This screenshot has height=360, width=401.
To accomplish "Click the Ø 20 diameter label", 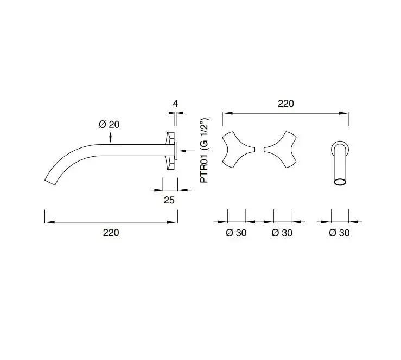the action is coord(109,125).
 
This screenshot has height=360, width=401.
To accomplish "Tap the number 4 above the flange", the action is coord(175,104).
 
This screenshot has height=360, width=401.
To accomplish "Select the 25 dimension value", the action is coord(169,200).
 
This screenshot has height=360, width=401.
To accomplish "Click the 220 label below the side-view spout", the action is coord(111,233).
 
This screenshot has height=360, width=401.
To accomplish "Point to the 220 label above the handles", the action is coord(286,104).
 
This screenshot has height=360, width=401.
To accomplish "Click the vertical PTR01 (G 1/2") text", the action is coord(205,151).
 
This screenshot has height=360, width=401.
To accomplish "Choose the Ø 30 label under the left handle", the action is coord(236,233).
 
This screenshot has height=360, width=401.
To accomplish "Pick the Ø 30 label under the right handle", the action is coord(282,233).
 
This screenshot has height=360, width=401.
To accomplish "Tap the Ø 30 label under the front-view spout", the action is coord(339,233).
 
